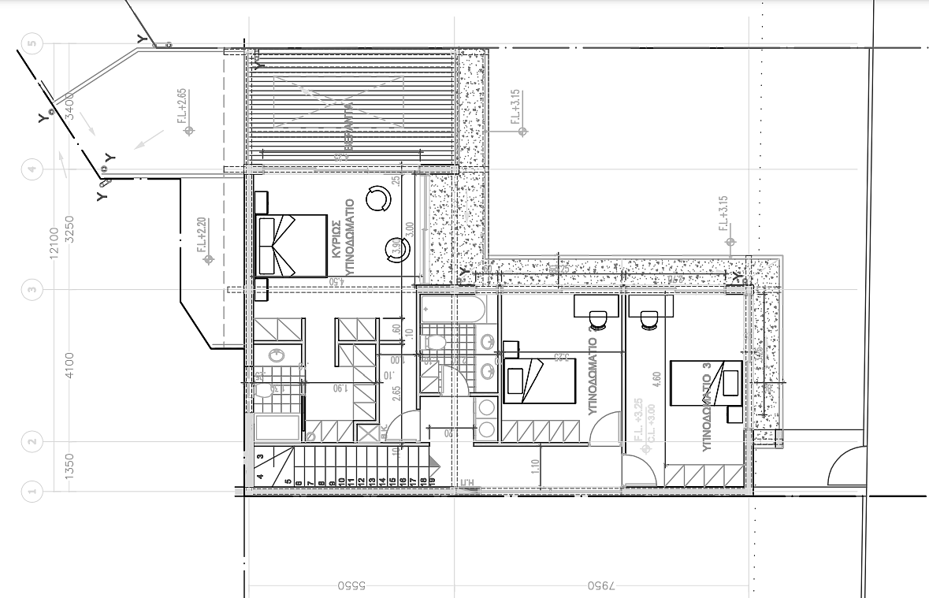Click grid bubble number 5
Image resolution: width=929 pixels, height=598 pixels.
32,44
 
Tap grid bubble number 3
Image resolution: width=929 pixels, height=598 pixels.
32,290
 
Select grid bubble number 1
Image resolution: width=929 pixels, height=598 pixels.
32,492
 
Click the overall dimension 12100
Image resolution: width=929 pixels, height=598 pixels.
54,242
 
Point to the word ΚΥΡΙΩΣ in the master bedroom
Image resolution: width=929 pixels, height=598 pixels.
336,241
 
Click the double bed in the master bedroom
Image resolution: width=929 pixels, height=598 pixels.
292,245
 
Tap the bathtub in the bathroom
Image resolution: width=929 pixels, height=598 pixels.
451,310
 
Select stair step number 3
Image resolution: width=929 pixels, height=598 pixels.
261,456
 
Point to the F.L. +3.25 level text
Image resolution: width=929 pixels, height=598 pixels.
639,415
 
